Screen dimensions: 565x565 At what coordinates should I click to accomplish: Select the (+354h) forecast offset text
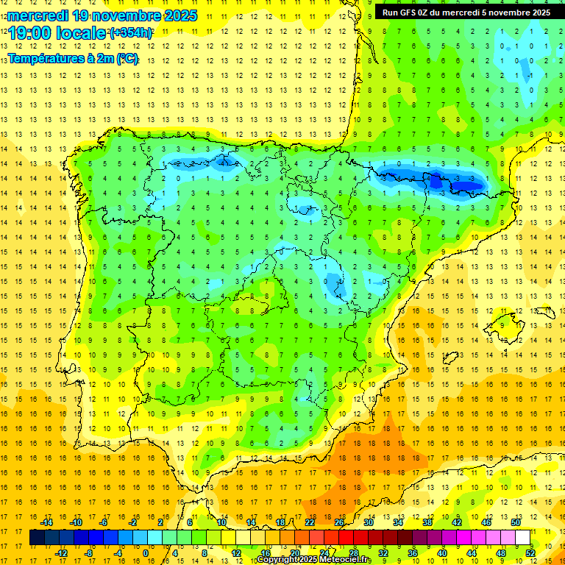(131, 33)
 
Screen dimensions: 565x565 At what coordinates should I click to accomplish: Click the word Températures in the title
(45, 58)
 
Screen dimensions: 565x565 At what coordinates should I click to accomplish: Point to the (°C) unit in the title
(126, 58)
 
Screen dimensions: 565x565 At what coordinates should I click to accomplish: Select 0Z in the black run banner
(433, 12)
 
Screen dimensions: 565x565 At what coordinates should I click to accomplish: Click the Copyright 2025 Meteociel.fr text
(314, 560)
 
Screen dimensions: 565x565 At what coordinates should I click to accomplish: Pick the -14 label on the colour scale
(46, 522)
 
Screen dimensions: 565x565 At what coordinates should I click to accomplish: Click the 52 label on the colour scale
(530, 553)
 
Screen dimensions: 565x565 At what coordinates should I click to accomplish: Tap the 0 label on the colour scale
(145, 553)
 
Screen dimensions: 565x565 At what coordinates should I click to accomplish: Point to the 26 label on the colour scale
(339, 522)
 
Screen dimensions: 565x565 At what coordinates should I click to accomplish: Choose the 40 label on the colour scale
(442, 553)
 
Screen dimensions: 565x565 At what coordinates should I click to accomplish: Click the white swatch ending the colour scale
(522, 538)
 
